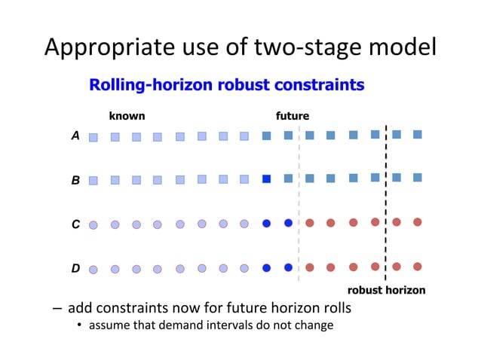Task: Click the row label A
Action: [75, 136]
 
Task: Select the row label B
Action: [75, 181]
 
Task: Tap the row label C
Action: [75, 224]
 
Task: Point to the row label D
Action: [75, 267]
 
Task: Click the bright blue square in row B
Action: [266, 179]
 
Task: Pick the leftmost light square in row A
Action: [93, 138]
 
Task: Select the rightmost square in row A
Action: [418, 134]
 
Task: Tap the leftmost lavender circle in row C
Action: [93, 224]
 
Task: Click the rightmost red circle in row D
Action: [418, 266]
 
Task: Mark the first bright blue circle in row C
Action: [266, 223]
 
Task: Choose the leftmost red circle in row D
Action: [310, 267]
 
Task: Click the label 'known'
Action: [127, 116]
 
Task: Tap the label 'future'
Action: [293, 116]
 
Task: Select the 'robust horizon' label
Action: [386, 290]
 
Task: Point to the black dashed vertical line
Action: [386, 203]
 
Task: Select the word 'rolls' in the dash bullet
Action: [336, 309]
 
